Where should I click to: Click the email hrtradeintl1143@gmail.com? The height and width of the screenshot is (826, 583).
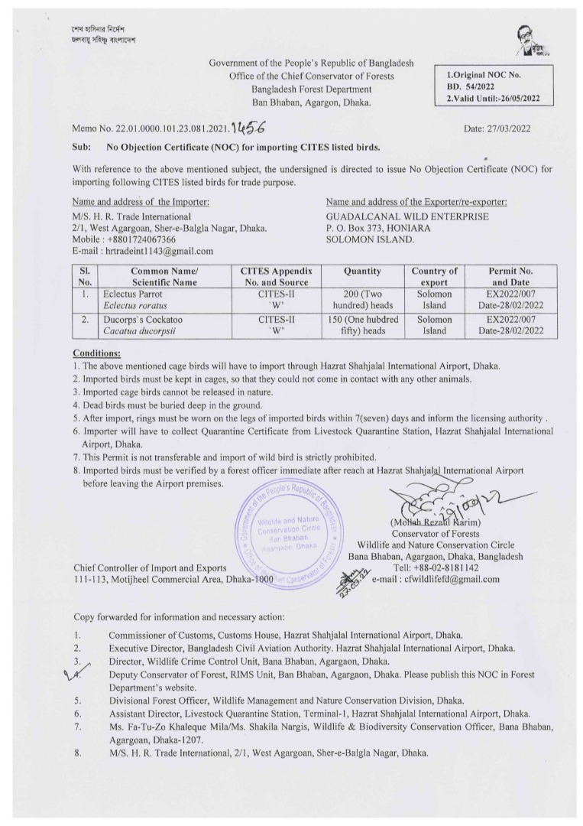click(142, 250)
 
